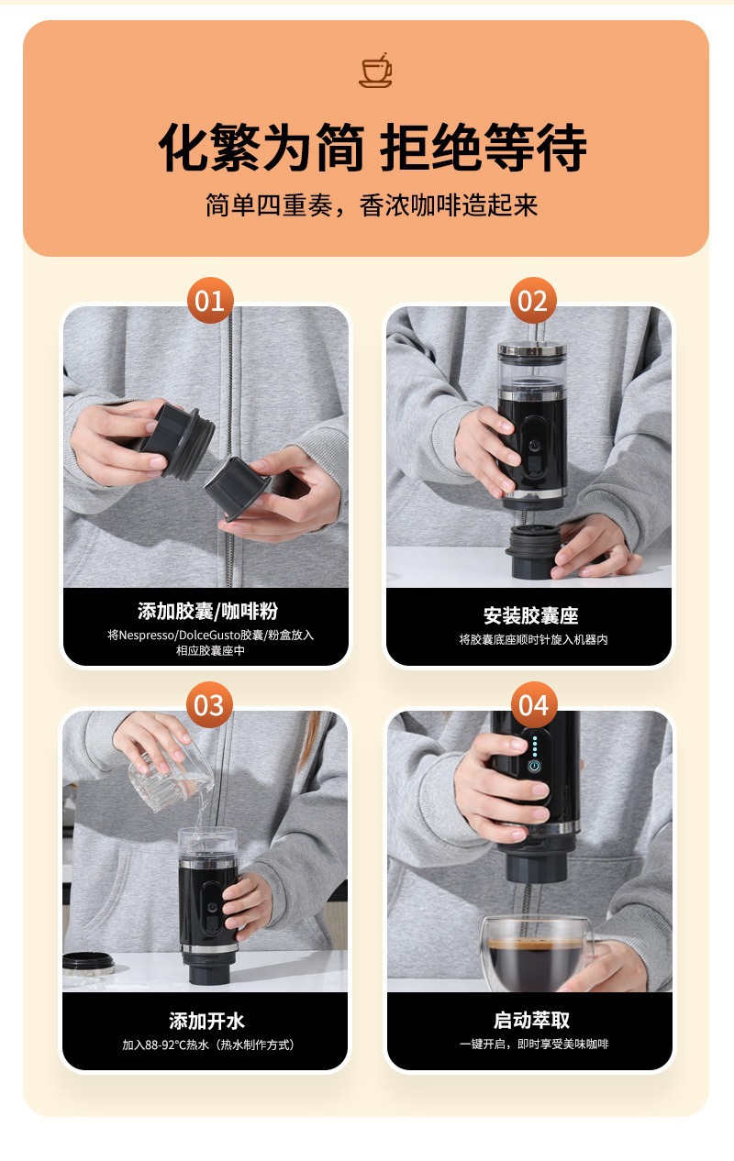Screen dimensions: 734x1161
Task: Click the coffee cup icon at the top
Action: [375, 70]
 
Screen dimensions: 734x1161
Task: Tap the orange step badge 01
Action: [210, 301]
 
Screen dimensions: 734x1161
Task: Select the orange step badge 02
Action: [533, 301]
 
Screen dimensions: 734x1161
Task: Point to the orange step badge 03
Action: [209, 705]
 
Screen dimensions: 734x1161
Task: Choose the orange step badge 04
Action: [534, 705]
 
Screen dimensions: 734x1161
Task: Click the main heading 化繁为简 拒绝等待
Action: [373, 148]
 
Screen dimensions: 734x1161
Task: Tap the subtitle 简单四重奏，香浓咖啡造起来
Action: [372, 205]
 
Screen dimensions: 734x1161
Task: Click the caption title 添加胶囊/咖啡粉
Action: [207, 611]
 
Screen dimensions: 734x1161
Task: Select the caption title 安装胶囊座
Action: [530, 615]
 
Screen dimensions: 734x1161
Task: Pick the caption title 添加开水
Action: [206, 1021]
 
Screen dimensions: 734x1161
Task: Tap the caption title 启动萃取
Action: [531, 1020]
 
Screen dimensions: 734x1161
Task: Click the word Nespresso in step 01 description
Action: [147, 635]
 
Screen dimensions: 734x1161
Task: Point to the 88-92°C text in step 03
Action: [165, 1045]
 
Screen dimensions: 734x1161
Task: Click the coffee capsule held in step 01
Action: [237, 487]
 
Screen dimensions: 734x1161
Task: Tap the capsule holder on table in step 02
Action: [534, 551]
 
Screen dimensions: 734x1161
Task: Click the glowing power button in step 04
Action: [534, 766]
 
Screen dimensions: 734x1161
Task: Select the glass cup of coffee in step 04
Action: [537, 953]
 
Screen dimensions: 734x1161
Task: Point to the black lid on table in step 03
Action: [88, 963]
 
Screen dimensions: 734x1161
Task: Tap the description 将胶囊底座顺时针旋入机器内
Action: [533, 639]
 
